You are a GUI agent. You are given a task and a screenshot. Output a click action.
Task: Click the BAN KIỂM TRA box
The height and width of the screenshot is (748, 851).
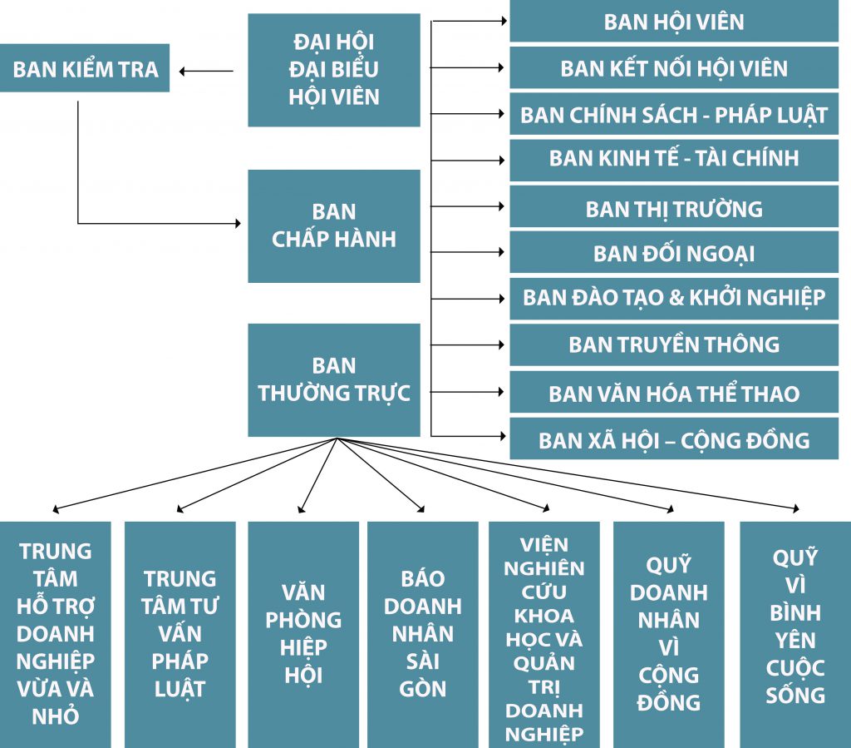[85, 68]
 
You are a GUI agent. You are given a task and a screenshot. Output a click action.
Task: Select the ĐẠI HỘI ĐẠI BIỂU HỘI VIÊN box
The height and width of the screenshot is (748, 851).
[334, 70]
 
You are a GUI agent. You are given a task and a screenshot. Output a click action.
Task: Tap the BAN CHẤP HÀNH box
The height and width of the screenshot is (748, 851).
[334, 225]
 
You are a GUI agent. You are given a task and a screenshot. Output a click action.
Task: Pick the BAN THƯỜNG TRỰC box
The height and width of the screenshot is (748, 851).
[334, 379]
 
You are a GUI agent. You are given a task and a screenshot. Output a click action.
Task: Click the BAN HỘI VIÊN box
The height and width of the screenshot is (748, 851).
[674, 22]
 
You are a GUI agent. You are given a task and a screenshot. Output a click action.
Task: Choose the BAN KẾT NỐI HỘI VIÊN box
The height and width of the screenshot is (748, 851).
[674, 68]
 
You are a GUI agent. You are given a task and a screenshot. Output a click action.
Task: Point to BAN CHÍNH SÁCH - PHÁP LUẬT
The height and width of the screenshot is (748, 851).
[674, 115]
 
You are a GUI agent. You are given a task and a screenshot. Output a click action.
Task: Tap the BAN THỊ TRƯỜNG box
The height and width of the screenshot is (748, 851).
[674, 208]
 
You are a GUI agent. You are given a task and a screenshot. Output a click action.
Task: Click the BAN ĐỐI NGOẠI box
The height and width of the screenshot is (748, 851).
[674, 253]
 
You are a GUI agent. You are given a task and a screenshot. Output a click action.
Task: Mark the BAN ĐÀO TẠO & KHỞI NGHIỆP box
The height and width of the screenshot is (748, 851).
[674, 298]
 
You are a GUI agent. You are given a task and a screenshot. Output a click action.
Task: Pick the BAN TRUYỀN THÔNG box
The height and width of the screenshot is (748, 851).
[674, 344]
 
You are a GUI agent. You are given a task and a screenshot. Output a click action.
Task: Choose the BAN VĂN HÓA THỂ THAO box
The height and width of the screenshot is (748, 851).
[674, 393]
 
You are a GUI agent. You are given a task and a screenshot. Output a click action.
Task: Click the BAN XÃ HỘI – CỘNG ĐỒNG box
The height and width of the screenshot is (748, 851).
[674, 439]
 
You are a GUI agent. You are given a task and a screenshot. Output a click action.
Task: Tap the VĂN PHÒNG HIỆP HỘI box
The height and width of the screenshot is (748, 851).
[303, 634]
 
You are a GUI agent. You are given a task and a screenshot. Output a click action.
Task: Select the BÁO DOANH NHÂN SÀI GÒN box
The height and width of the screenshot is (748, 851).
[422, 634]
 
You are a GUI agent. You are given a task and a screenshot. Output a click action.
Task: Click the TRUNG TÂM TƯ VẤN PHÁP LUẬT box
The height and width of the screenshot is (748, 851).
[180, 634]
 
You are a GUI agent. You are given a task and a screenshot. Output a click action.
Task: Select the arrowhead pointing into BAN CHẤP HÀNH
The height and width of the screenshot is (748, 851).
[237, 223]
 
